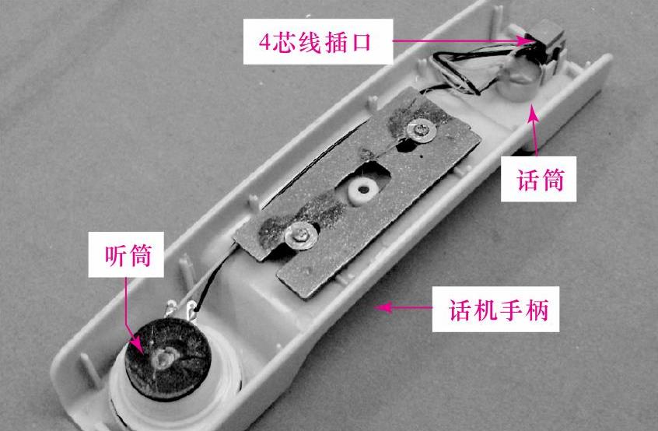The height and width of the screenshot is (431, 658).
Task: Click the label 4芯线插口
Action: (x=315, y=42)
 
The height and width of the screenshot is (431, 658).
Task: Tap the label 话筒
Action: (x=540, y=180)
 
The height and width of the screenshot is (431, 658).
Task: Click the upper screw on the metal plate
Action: (x=420, y=131)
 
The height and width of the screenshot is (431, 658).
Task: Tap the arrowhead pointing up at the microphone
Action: (x=533, y=113)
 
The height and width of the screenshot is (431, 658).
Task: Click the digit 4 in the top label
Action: (x=264, y=42)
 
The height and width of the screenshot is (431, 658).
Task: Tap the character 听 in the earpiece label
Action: (x=115, y=254)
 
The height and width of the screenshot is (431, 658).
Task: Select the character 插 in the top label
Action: (x=334, y=42)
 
